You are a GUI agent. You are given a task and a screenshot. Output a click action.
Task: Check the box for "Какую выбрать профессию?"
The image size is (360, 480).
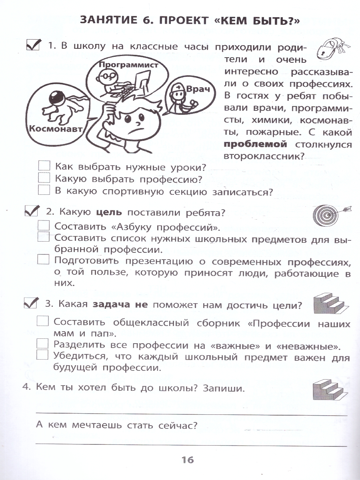[44, 178]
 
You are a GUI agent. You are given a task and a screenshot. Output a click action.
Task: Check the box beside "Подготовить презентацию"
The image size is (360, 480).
[43, 260]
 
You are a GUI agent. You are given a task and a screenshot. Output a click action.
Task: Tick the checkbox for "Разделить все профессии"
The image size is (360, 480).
[42, 344]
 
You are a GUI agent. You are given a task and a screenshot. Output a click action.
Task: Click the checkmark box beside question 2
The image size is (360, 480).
[31, 211]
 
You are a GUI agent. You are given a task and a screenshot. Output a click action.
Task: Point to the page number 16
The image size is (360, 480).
[187, 460]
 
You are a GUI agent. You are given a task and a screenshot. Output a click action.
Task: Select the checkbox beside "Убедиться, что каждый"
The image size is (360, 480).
[42, 355]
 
